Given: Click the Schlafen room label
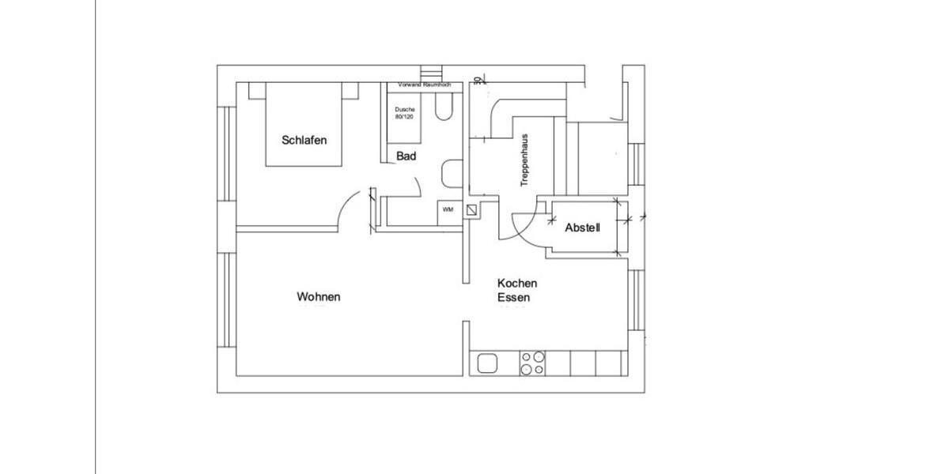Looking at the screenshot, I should [304, 141].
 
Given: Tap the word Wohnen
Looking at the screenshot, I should [319, 297].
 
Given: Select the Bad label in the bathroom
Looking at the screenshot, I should [406, 156].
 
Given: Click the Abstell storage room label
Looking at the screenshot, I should [583, 228].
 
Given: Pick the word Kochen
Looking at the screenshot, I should [517, 283].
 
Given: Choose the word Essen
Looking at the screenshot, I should [513, 298].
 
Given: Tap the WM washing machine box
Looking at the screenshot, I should [448, 210].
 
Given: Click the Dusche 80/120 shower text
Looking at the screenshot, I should [404, 112].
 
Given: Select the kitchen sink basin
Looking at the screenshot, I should [487, 363].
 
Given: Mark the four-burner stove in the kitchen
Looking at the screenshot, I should [531, 363].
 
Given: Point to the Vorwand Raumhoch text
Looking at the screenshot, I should [424, 85].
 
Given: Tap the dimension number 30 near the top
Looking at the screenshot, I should [478, 79].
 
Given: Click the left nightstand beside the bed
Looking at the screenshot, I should [257, 90].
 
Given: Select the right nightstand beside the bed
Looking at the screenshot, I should [350, 90].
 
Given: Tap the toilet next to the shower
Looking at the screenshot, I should [444, 107].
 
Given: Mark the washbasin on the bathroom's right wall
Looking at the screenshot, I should [452, 173].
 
